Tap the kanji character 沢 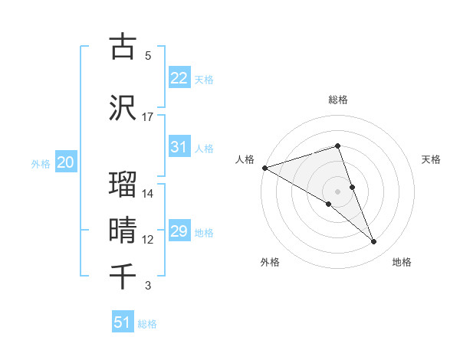coord(123,106)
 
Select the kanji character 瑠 coord(123,183)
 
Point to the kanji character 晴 coord(123,229)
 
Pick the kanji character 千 coord(123,275)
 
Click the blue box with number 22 coord(179,78)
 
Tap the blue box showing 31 coord(179,147)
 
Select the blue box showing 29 coord(179,231)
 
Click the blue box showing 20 coord(65,162)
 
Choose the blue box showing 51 coord(123,322)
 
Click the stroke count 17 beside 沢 coord(148,117)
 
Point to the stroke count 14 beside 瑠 coord(148,194)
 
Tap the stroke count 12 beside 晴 coord(148,240)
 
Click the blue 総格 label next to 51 coord(147,324)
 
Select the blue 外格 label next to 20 coord(41,164)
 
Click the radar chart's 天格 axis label coord(432,159)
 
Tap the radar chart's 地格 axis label coord(402,263)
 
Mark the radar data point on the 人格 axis coord(264,168)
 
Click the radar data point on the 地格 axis coord(374,242)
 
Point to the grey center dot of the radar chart coord(337,191)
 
